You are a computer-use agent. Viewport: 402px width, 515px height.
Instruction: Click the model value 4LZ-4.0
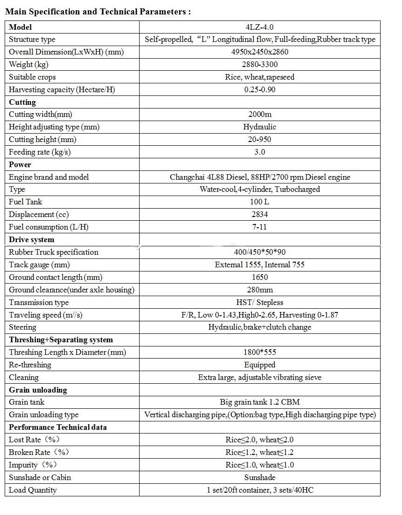click(260, 27)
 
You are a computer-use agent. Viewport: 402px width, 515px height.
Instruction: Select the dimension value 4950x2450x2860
click(260, 52)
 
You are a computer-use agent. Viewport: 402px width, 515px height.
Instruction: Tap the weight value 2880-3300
click(260, 64)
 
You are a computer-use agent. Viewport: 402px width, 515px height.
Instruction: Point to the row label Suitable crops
click(32, 77)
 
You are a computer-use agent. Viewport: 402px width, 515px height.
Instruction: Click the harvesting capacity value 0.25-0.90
click(260, 89)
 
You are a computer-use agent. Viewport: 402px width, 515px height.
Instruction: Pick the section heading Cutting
click(22, 102)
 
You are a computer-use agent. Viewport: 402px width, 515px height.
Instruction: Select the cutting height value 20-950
click(260, 139)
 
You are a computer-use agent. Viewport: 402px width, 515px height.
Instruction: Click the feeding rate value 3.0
click(260, 152)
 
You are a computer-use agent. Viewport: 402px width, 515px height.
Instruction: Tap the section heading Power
click(20, 164)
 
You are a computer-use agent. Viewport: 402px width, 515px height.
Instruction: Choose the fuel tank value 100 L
click(260, 202)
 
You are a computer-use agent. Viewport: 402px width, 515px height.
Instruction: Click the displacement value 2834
click(260, 214)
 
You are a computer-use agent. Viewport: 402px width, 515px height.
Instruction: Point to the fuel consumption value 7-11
click(260, 227)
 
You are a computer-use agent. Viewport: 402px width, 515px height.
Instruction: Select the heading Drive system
click(32, 239)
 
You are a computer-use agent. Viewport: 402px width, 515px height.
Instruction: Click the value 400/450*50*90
click(260, 252)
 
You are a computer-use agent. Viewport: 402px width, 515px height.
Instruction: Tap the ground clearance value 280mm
click(260, 290)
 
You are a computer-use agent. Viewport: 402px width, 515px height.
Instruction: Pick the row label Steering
click(22, 327)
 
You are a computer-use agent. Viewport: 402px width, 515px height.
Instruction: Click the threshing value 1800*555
click(260, 352)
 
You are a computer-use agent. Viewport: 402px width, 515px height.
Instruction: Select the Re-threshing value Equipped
click(260, 365)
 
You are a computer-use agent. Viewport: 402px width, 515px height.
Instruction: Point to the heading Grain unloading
click(38, 390)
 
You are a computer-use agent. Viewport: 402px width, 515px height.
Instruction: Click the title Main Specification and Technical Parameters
click(98, 12)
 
